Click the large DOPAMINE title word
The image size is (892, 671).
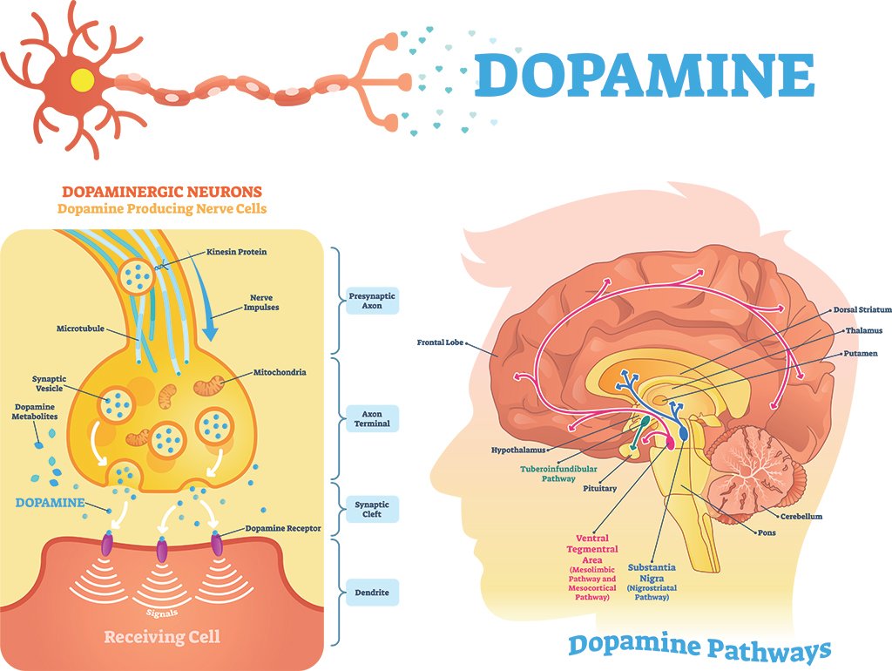point(645,75)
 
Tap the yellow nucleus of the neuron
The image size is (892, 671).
point(83,79)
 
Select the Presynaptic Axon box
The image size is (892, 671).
point(372,302)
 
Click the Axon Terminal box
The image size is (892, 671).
point(372,418)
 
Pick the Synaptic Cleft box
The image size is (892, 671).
point(372,509)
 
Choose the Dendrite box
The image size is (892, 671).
point(372,594)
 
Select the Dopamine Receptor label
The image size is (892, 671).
point(283,528)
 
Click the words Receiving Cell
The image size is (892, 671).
point(162,637)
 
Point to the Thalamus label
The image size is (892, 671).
point(863,331)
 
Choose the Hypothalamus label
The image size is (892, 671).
point(517,451)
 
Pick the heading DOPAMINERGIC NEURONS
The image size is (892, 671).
point(162,191)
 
